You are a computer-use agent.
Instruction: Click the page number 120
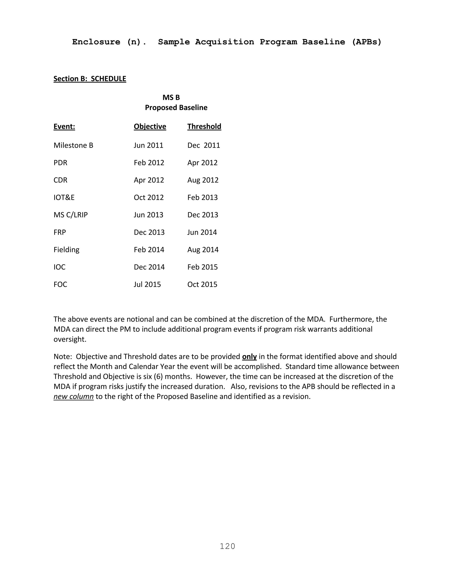227,546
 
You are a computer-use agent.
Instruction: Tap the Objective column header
150,126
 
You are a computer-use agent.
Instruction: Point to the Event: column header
64,126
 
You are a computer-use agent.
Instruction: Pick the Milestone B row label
73,145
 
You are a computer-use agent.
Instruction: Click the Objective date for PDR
149,163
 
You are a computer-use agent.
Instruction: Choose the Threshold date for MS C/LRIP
202,215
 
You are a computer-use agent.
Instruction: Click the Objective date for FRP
149,232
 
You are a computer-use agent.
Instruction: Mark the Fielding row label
66,250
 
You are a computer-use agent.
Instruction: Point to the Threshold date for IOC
202,267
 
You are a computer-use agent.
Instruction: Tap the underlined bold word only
249,357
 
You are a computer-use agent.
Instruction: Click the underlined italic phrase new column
73,396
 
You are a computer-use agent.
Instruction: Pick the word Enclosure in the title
96,42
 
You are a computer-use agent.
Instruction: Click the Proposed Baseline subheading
176,107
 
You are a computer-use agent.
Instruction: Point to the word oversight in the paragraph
70,339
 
